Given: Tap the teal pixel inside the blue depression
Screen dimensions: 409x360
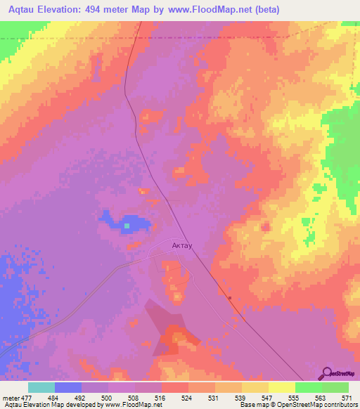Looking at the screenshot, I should [127, 226].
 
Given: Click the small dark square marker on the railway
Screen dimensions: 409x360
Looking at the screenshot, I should [230, 297].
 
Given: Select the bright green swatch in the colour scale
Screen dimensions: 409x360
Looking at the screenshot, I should [308, 387].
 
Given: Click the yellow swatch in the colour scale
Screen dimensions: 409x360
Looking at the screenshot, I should [281, 387].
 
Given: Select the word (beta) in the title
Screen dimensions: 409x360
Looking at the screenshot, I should [264, 10].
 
